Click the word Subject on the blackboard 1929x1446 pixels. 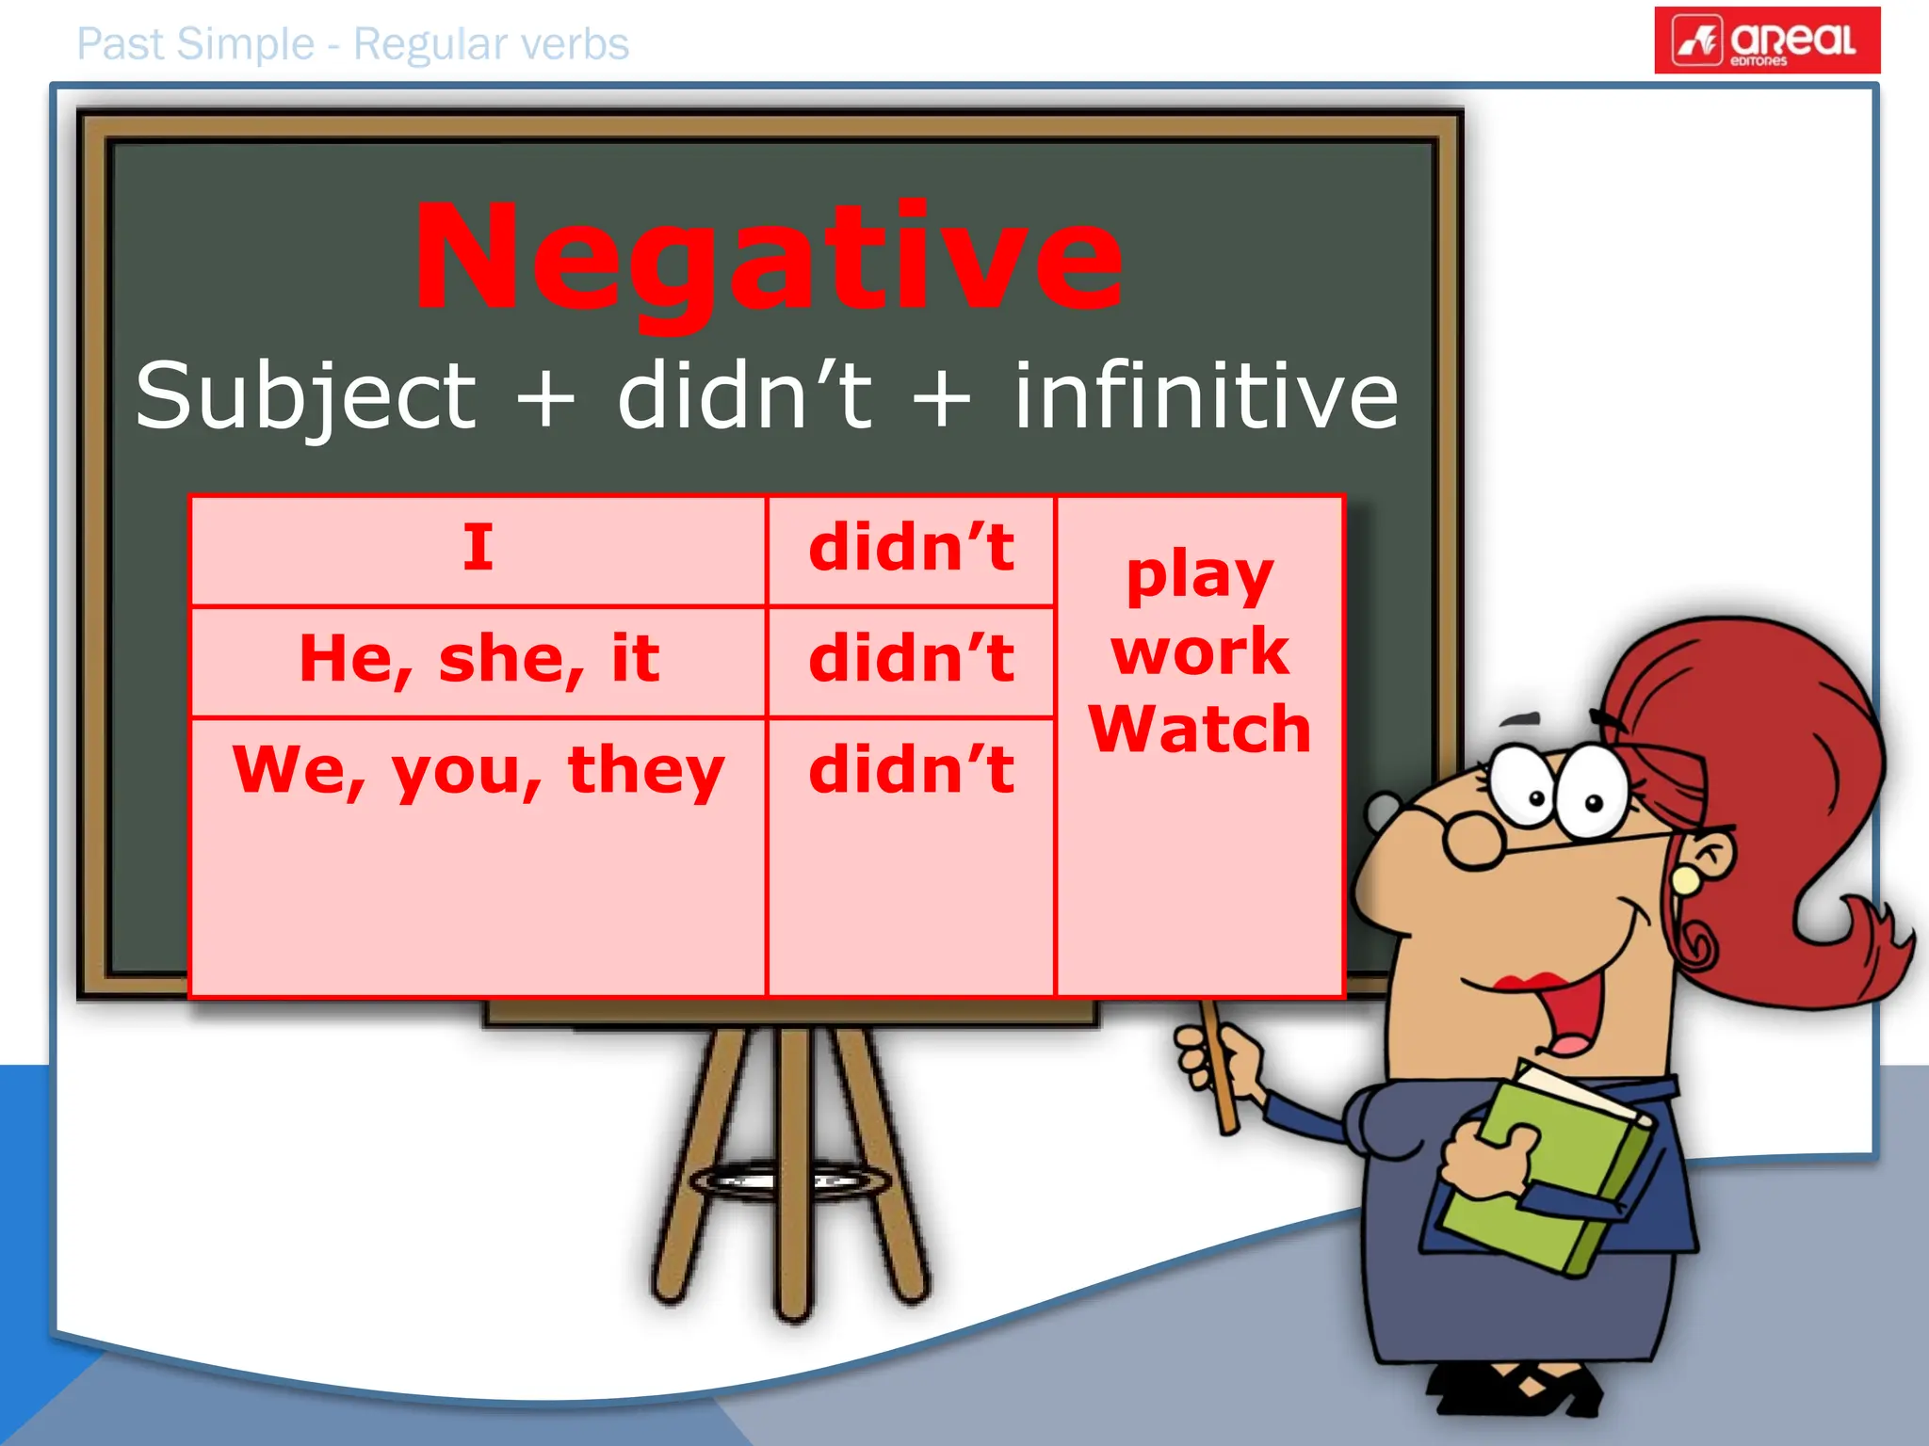306,395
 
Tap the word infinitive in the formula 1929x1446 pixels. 1206,395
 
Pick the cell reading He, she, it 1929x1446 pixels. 478,658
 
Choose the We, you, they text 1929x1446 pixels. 478,770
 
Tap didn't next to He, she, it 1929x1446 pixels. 911,658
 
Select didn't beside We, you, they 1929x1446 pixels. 911,770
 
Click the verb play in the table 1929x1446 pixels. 1199,576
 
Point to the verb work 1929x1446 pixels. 1199,651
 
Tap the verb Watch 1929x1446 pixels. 1199,729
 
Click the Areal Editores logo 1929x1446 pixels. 1766,40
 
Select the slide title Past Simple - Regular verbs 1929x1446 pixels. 352,44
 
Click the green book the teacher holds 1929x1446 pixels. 1554,1177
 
